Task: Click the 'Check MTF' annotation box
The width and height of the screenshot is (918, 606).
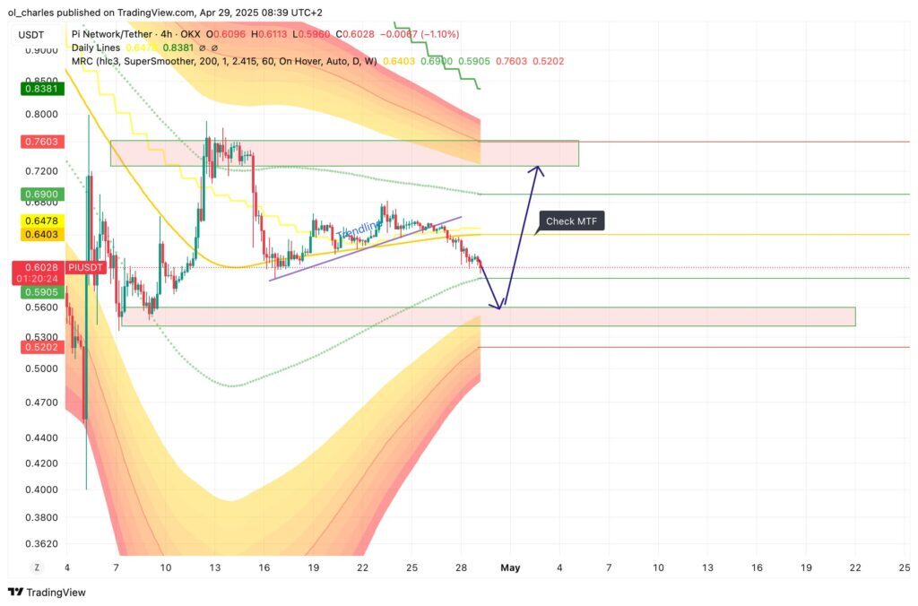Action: point(572,221)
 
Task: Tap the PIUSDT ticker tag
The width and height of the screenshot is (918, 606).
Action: point(87,267)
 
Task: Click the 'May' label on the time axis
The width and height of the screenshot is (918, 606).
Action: point(510,567)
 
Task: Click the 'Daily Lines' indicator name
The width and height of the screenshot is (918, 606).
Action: point(96,48)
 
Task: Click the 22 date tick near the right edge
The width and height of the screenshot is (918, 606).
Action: point(855,567)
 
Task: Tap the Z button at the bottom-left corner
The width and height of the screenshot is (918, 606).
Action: point(37,567)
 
